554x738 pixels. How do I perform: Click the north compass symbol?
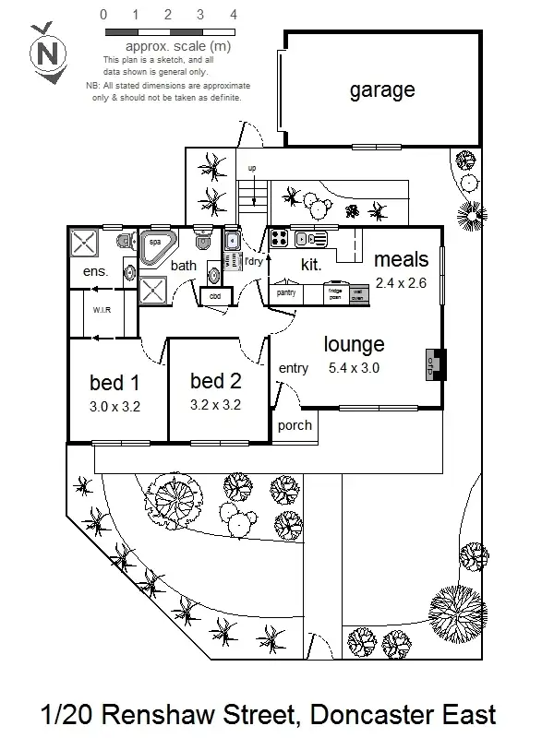(x=48, y=53)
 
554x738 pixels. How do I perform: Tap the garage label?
(x=381, y=90)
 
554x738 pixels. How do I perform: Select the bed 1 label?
(x=114, y=383)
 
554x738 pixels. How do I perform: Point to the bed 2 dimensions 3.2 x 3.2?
(x=215, y=404)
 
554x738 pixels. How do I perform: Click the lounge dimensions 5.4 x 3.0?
(x=355, y=368)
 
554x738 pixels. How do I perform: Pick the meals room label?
(x=401, y=261)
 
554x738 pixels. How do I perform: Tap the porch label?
(x=295, y=425)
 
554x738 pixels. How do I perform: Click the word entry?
(x=294, y=368)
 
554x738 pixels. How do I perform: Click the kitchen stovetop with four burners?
(x=280, y=239)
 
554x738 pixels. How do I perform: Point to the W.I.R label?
(x=102, y=310)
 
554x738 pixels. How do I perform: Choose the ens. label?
(x=96, y=272)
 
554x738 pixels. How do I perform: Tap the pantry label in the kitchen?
(x=285, y=292)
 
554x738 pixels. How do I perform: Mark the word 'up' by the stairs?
(x=251, y=169)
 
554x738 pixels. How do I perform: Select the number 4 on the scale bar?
(x=234, y=16)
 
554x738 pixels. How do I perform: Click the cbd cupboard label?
(x=215, y=296)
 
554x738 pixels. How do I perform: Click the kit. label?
(x=310, y=265)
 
